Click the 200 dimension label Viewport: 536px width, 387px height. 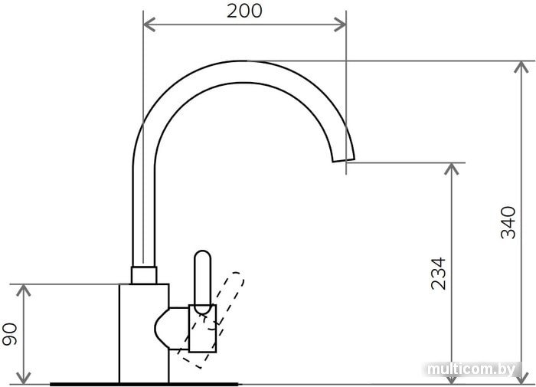click(x=244, y=11)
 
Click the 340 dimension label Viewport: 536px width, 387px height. click(x=508, y=222)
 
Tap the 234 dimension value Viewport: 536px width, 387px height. click(x=438, y=274)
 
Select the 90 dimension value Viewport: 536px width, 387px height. click(x=9, y=334)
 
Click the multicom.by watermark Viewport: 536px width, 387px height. click(x=472, y=369)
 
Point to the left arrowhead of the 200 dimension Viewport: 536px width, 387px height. click(x=149, y=25)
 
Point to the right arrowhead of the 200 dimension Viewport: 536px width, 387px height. click(x=340, y=25)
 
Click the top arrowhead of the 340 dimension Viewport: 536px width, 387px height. click(x=521, y=67)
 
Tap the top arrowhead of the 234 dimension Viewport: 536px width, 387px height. click(x=452, y=169)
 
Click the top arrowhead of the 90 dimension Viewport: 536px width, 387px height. click(x=24, y=290)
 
